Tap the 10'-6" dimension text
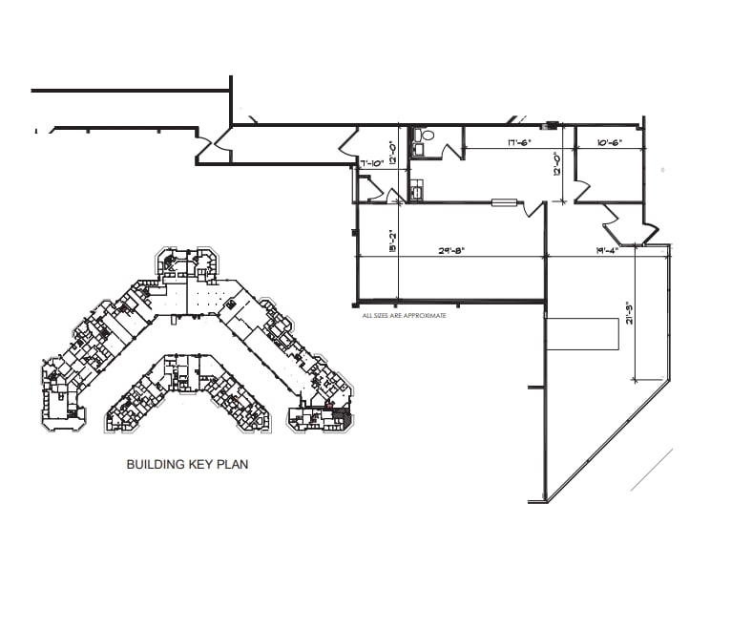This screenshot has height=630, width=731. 610,143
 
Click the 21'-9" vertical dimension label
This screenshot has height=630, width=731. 629,314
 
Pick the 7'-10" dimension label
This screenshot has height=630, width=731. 371,163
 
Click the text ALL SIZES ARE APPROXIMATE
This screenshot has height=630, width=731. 404,314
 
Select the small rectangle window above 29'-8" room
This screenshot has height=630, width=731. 504,201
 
